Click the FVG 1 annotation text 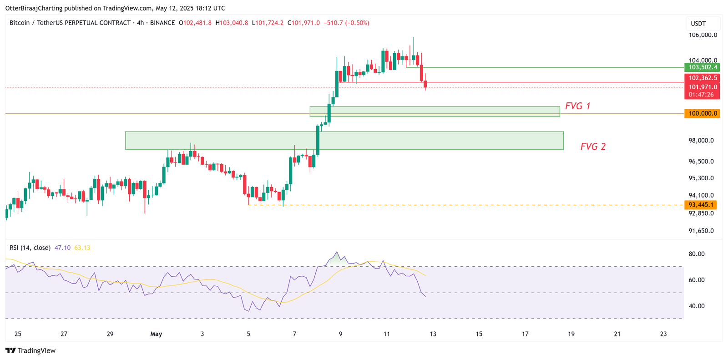click(577, 106)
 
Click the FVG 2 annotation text click(593, 147)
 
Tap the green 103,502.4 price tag click(703, 67)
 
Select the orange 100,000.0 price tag click(703, 113)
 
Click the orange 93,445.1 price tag click(703, 205)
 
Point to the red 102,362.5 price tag click(703, 78)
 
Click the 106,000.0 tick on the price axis click(703, 35)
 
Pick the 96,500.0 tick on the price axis click(701, 162)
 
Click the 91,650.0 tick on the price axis click(701, 231)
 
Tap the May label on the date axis click(156, 334)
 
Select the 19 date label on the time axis click(571, 334)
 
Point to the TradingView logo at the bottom click(30, 350)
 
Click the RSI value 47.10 click(62, 248)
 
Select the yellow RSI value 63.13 click(82, 248)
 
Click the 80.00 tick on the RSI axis click(696, 254)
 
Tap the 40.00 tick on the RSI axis click(696, 306)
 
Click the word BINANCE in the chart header click(162, 23)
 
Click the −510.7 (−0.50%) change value click(346, 23)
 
